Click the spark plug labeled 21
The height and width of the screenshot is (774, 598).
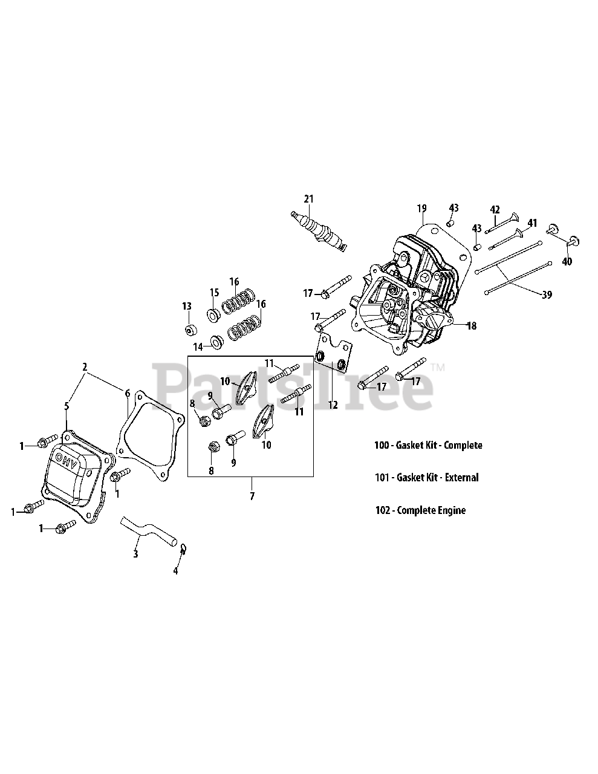[319, 232]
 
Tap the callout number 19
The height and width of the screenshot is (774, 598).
[421, 207]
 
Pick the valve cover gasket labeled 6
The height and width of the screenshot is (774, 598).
[151, 435]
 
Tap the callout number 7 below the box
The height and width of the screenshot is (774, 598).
[252, 496]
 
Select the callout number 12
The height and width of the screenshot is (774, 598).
[333, 405]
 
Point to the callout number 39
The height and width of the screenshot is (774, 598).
[547, 294]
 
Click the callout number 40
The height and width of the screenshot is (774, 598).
[567, 261]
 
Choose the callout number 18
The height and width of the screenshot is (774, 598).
[472, 325]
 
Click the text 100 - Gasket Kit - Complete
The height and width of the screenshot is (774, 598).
[428, 445]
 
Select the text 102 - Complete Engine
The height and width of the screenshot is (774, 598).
[420, 510]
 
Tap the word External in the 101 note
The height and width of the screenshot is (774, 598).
[461, 477]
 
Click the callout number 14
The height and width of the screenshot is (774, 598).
[198, 346]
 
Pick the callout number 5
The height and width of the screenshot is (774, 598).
[67, 406]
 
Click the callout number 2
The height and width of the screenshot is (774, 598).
[85, 367]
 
